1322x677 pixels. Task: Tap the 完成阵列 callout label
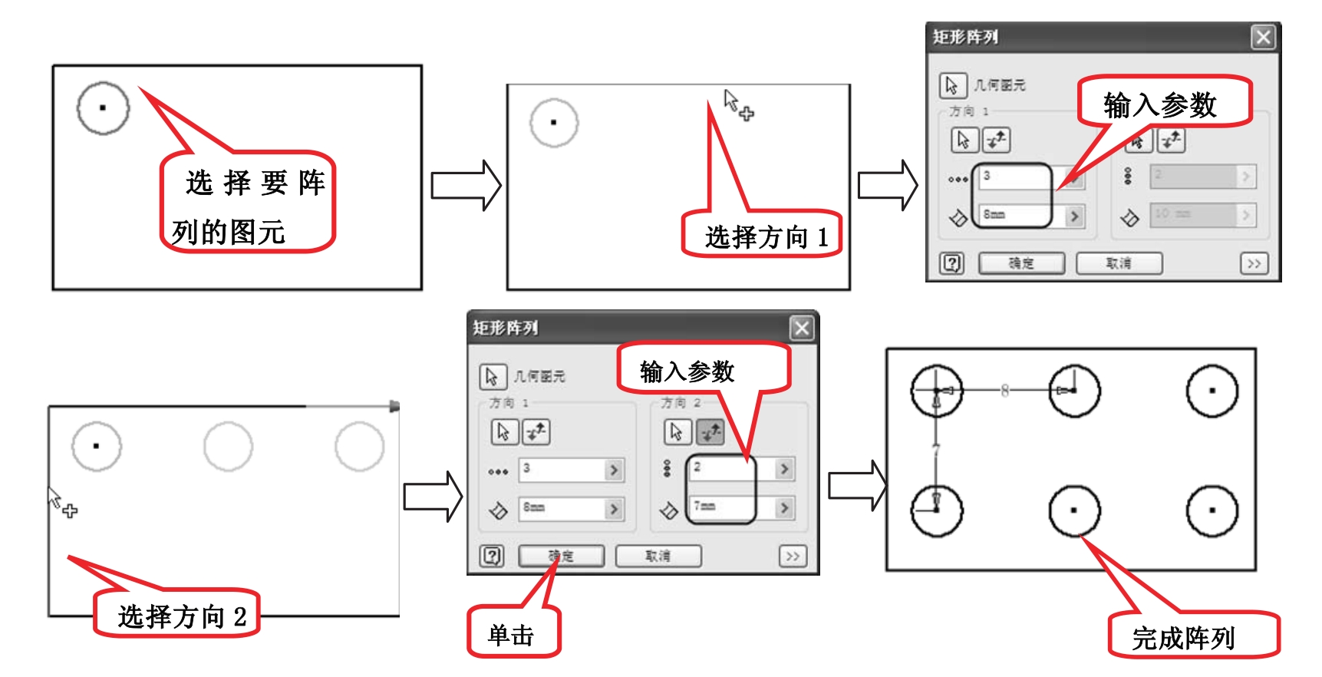click(1184, 636)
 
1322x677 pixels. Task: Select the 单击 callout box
click(512, 634)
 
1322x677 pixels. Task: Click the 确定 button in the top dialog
click(1021, 263)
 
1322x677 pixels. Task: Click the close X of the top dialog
click(1263, 37)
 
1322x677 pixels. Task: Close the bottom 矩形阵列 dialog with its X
click(802, 329)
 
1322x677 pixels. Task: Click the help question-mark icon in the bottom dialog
click(492, 556)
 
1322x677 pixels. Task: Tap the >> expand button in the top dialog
click(1254, 263)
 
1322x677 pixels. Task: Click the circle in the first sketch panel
click(103, 108)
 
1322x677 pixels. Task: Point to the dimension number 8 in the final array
click(1004, 390)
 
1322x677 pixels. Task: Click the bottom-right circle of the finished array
click(1212, 510)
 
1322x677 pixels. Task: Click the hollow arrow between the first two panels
click(465, 185)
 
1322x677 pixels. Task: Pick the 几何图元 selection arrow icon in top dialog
click(952, 85)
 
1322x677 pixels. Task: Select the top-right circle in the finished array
click(1212, 390)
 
